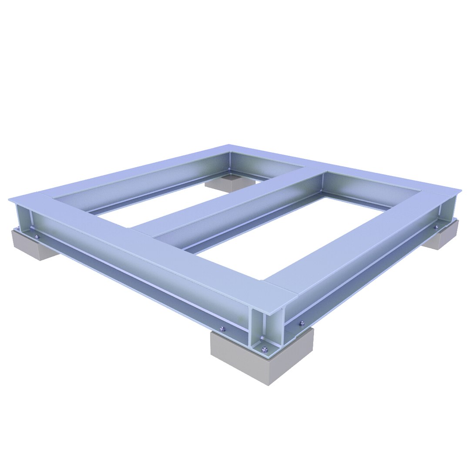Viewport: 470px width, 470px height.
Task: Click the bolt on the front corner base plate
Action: click(x=264, y=349)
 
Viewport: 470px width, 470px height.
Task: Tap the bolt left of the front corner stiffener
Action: click(x=223, y=328)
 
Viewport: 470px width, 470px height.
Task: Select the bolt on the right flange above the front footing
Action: click(x=302, y=323)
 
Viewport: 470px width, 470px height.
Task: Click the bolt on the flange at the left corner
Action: click(x=37, y=237)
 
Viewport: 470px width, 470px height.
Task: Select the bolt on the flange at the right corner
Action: click(x=436, y=227)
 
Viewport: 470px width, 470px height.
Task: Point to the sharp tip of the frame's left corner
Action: click(x=9, y=199)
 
